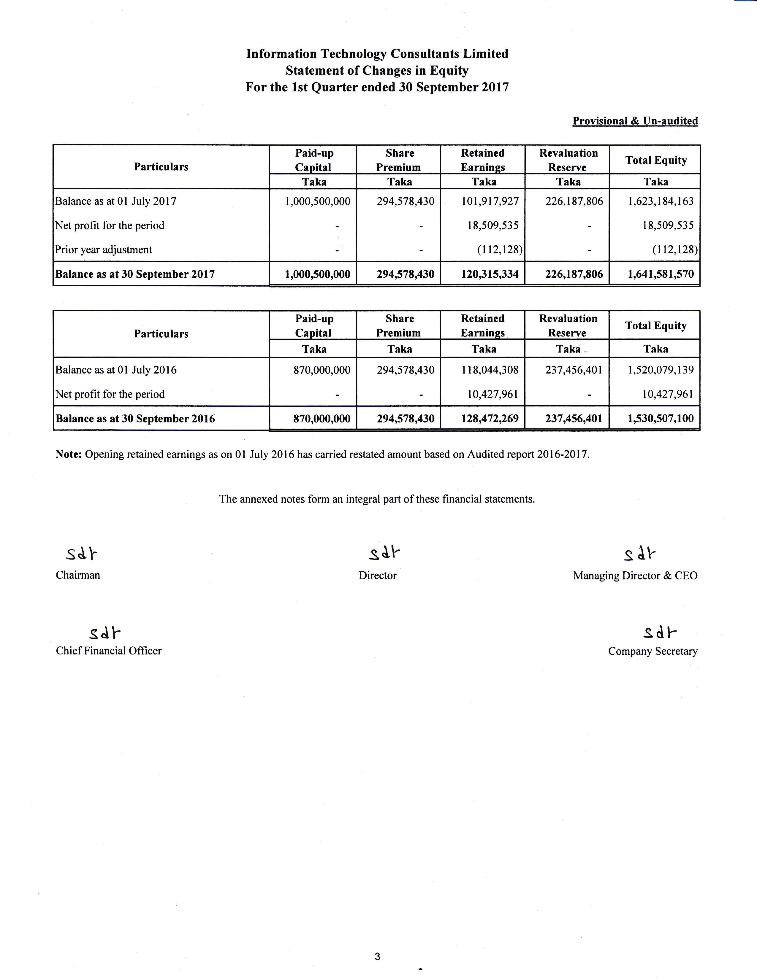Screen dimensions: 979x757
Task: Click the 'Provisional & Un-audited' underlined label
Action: point(635,121)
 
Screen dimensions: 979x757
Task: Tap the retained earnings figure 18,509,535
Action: point(492,225)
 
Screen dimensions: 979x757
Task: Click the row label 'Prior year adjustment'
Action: point(104,250)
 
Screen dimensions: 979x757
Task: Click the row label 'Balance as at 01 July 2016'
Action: point(116,370)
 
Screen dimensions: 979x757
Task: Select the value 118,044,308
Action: point(490,370)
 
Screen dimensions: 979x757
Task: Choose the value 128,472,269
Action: point(490,419)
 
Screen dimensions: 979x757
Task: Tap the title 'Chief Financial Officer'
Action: point(109,651)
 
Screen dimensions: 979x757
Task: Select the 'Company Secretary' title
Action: point(653,651)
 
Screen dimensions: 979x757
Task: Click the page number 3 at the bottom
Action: point(378,956)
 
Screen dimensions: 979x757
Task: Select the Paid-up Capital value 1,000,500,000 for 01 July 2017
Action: point(318,201)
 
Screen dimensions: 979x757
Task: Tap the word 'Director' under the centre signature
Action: point(378,576)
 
